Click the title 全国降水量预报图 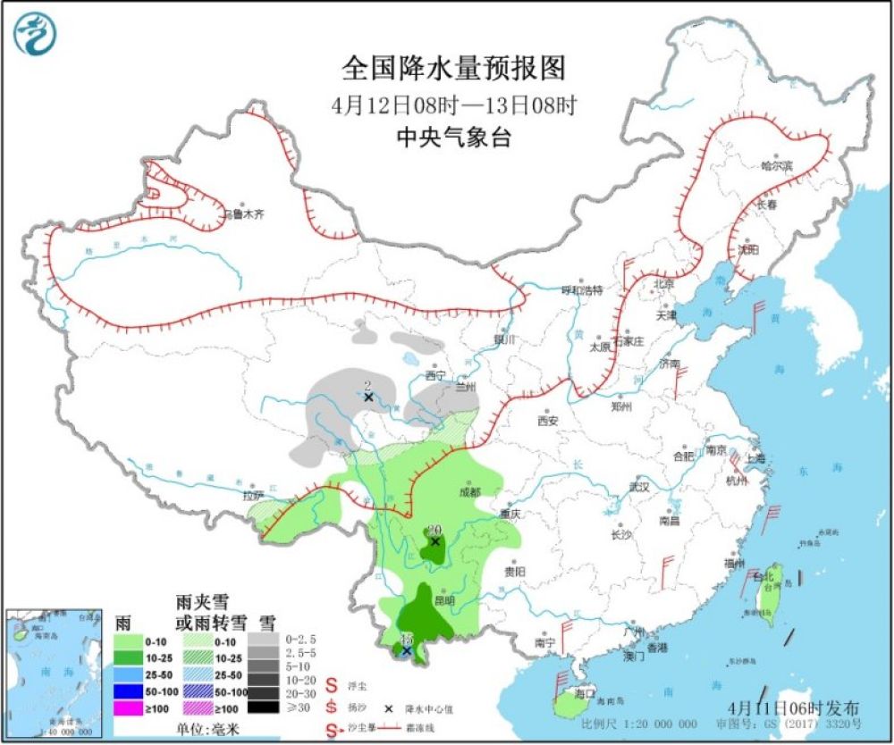coord(454,69)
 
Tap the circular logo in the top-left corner coord(35,35)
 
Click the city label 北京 coord(662,284)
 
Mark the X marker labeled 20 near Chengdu coord(435,541)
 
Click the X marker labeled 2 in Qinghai coord(367,396)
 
